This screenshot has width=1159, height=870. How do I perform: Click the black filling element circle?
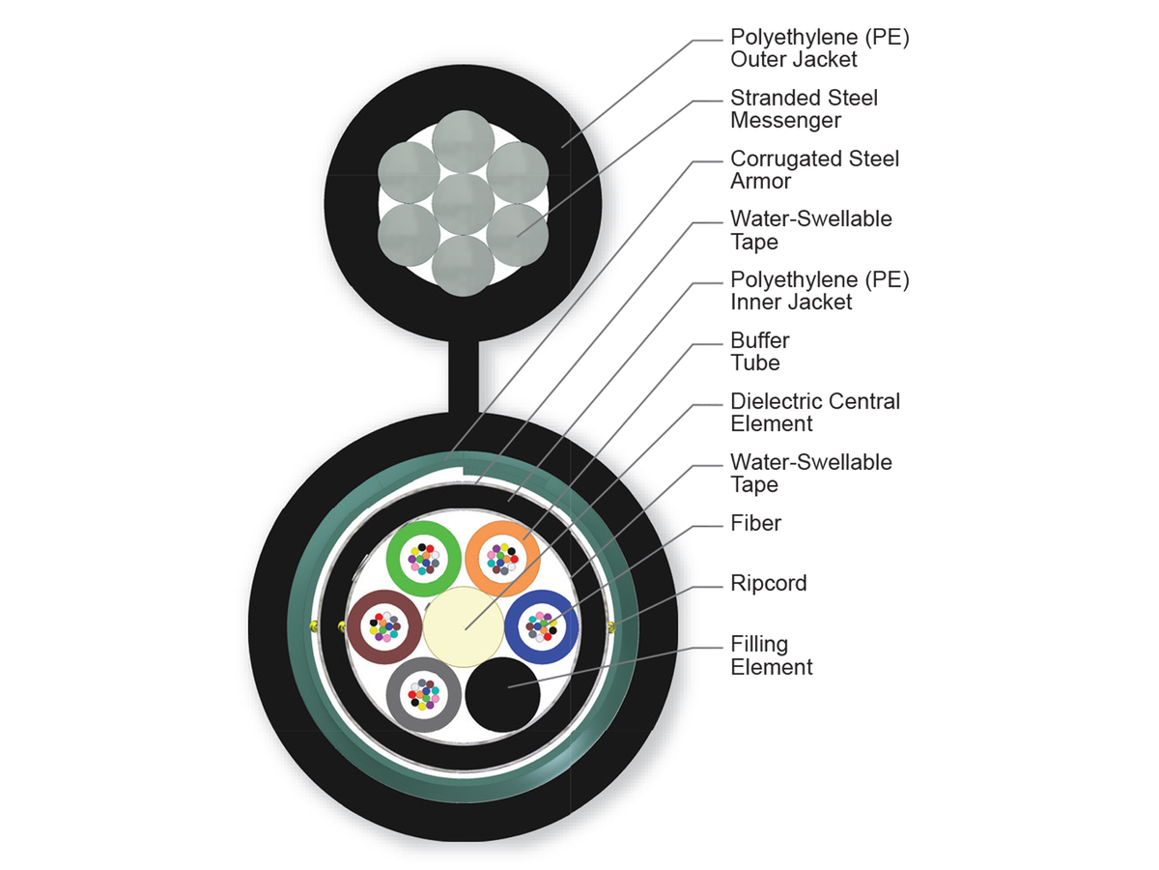tap(502, 694)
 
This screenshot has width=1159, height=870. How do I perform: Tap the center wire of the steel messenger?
tap(463, 204)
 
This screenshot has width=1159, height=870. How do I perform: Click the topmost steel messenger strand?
tap(463, 144)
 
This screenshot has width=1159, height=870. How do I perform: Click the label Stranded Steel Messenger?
tap(805, 109)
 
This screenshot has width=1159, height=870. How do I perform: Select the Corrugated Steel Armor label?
tap(814, 169)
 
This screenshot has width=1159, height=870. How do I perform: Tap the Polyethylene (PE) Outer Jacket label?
tap(820, 49)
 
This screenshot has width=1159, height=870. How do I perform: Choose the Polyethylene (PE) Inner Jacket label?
tap(820, 290)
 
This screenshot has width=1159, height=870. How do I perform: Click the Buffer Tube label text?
tap(760, 352)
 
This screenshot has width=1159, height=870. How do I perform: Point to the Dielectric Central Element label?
tap(815, 413)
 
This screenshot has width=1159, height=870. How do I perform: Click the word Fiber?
tap(756, 523)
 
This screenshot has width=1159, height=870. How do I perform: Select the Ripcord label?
tap(769, 584)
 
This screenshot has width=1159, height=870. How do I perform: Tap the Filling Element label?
tap(772, 655)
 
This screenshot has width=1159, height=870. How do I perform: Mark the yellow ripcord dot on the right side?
tap(611, 627)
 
